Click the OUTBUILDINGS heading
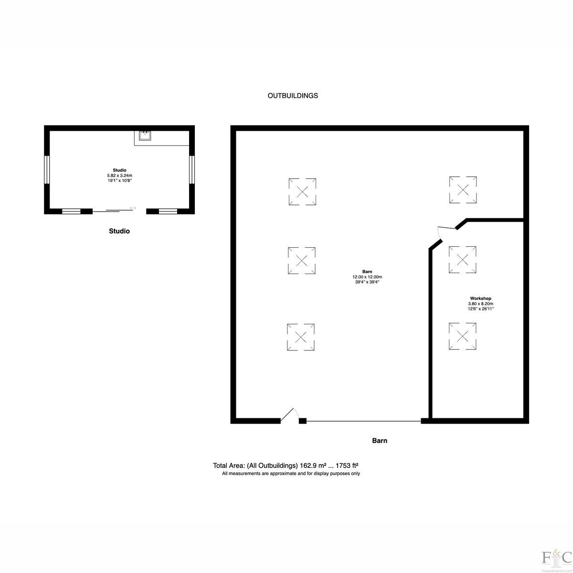(x=293, y=95)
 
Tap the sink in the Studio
(x=145, y=136)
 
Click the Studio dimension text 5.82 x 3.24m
(x=119, y=175)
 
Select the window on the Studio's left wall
(x=47, y=170)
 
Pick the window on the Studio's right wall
(x=192, y=170)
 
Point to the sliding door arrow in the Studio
(x=133, y=208)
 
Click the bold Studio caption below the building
(x=119, y=231)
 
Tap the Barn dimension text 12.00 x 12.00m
(x=367, y=277)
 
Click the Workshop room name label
(x=480, y=298)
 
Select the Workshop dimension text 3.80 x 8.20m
(x=480, y=304)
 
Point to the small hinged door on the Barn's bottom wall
(x=289, y=414)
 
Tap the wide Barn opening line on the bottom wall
(x=364, y=421)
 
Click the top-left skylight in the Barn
(x=302, y=191)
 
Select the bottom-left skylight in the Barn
(x=301, y=337)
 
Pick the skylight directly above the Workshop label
(x=462, y=260)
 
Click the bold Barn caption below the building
(x=380, y=440)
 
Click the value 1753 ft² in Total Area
(x=347, y=466)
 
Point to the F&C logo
(x=557, y=557)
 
